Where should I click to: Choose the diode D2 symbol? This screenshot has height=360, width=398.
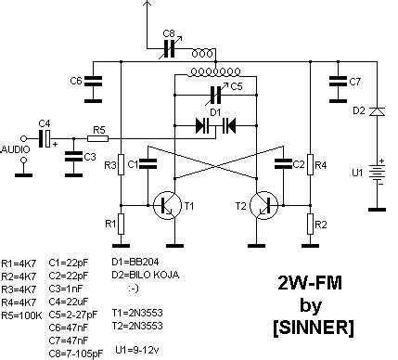coord(375,112)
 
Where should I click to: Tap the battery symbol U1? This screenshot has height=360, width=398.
coord(375,173)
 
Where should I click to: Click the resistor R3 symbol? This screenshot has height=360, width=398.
coord(121,165)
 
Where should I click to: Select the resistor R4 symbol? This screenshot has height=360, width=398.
coord(311,165)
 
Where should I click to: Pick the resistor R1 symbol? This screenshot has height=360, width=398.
coord(121,223)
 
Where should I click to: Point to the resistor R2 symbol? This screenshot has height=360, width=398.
coord(311,224)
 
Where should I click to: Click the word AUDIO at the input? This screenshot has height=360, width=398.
coord(15,148)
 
